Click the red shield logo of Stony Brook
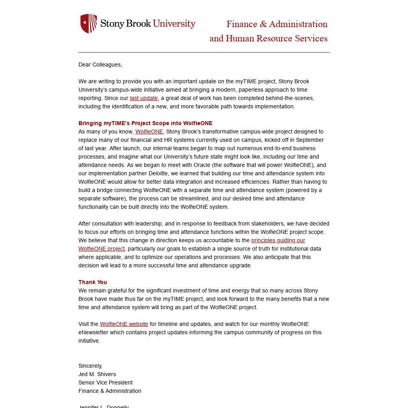(88, 24)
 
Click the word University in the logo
(174, 24)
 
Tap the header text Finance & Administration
(277, 24)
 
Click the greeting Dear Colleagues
(100, 65)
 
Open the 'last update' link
(144, 98)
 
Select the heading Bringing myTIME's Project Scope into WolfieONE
(145, 123)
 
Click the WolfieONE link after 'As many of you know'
(149, 131)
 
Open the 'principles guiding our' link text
(278, 240)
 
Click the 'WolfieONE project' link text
(102, 249)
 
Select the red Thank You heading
(93, 282)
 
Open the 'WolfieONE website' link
(124, 324)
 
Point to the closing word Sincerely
(90, 366)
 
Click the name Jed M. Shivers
(97, 374)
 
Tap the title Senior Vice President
(106, 382)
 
